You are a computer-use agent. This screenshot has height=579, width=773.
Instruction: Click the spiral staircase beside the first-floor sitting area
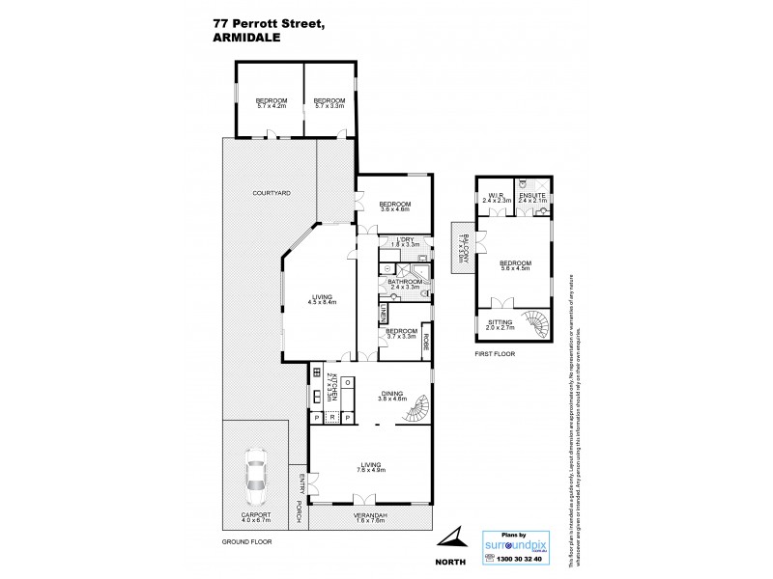(x=533, y=322)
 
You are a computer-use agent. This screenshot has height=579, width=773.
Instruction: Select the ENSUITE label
(x=532, y=195)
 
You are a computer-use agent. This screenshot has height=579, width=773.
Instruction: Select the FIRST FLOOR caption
(x=497, y=354)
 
